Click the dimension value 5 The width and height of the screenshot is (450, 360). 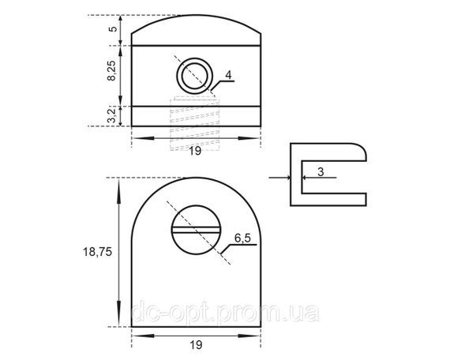114,29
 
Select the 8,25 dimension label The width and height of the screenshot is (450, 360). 111,70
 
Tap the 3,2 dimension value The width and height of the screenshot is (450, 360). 111,115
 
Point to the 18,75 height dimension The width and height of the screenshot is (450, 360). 97,252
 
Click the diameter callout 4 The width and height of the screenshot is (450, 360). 228,75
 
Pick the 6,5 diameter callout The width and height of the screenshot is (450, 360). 242,238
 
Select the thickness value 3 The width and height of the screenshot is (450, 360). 321,172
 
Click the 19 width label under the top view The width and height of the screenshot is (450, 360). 195,151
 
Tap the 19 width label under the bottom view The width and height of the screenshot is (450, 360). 196,345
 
